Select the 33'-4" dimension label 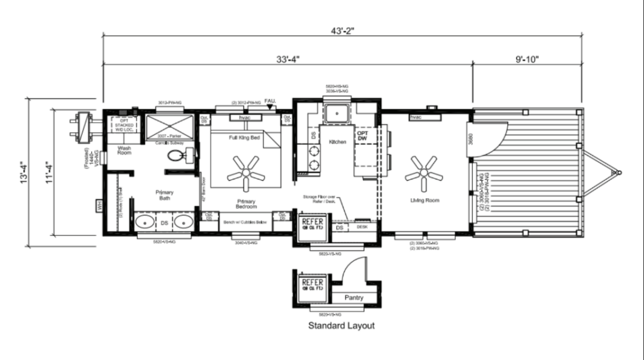(287, 59)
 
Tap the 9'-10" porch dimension (527, 59)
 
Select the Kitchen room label (337, 142)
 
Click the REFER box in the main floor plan (313, 224)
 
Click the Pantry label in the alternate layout (354, 297)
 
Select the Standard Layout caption (341, 326)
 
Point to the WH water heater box (99, 205)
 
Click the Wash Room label (125, 150)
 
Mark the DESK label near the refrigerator (362, 227)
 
